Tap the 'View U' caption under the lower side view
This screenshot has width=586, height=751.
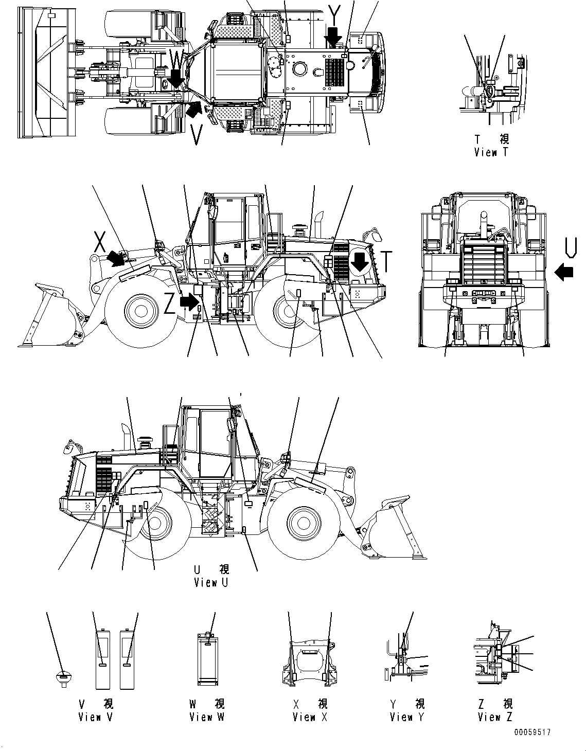[210, 582]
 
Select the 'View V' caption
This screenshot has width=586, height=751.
[95, 717]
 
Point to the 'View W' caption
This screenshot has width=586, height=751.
[206, 717]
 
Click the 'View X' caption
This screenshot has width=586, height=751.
[310, 717]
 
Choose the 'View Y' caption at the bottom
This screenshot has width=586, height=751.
[407, 717]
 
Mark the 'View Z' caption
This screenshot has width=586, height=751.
[494, 717]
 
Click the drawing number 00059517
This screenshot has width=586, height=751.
[531, 732]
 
